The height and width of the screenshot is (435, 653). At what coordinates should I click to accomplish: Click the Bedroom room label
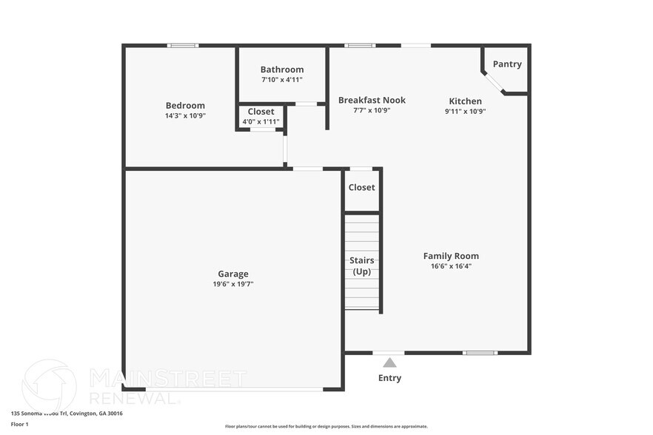pos(185,106)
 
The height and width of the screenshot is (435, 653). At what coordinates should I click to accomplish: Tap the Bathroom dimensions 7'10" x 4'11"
pos(281,80)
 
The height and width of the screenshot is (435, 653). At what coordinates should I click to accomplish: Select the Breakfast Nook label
pos(372,100)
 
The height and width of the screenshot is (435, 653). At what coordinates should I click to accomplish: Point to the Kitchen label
pos(465,101)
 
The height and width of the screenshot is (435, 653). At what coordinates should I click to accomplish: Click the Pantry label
pos(507,64)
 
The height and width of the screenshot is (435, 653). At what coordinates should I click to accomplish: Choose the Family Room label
pos(451,256)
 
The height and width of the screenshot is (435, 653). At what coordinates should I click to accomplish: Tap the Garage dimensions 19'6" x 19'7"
pos(232,284)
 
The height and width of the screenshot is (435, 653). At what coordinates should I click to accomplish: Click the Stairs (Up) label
pos(362,266)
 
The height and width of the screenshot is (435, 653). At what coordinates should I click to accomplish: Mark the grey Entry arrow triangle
pos(389,362)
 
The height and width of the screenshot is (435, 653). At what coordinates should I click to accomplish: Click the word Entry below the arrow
pos(389,378)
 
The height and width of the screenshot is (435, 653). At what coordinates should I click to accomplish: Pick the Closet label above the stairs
pos(361,188)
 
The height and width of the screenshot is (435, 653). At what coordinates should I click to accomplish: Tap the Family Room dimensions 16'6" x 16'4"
pos(451,266)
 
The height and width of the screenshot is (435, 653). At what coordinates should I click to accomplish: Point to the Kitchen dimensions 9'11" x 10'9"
pos(465,111)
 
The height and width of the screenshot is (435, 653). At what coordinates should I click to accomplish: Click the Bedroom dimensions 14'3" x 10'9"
pos(185,116)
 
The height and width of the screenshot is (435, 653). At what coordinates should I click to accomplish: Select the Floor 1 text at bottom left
pos(19,424)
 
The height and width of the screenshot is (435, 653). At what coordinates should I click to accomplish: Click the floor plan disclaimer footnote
pos(326,426)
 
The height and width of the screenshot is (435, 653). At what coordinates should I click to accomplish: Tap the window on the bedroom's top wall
pos(182,46)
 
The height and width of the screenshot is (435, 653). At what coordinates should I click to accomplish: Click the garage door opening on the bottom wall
pos(234,389)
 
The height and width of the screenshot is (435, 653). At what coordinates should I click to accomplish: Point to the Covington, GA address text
pos(67,414)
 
